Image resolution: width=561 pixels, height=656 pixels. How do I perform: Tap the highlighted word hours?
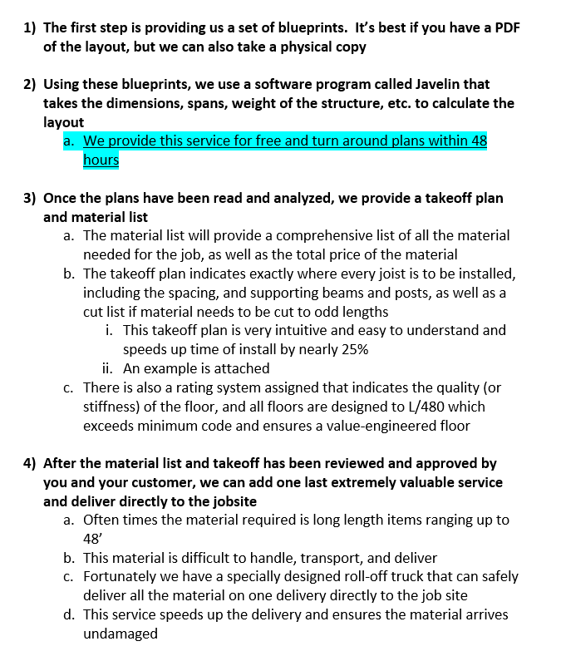click(101, 159)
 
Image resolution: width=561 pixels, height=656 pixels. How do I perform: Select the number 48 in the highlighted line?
click(479, 141)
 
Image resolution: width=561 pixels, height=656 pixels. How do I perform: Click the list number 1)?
click(30, 27)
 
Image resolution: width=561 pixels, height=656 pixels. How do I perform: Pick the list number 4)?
click(30, 463)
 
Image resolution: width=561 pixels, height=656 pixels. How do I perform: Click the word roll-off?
click(353, 576)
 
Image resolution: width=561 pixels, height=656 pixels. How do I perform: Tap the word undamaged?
click(121, 633)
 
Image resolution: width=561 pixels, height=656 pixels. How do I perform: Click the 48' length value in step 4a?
click(92, 538)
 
